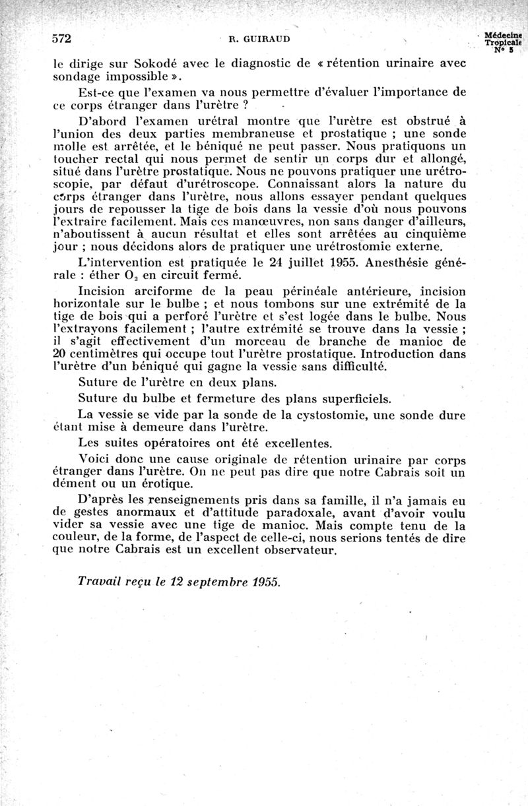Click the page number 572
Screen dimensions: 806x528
click(x=61, y=38)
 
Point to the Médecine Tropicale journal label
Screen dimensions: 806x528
click(x=502, y=40)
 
